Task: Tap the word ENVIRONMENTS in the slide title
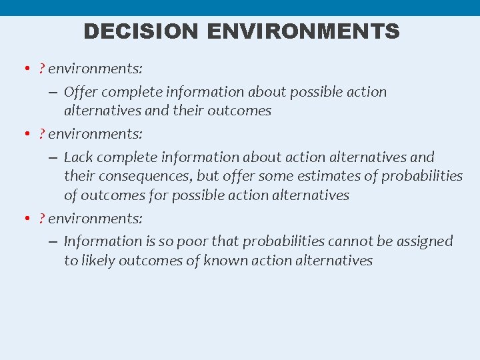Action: tap(303, 31)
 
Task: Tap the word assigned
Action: tap(423, 241)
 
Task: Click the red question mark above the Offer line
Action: tap(41, 69)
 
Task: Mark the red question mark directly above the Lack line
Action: tap(41, 134)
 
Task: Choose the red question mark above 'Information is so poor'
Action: tap(41, 218)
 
